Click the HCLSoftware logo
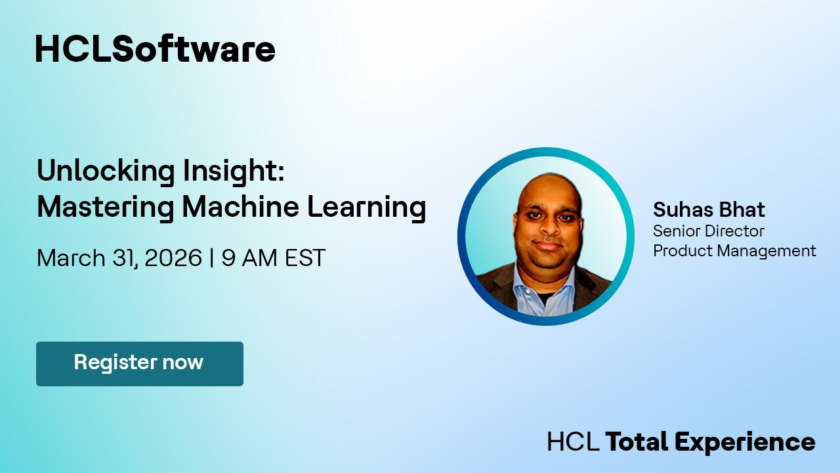point(156,49)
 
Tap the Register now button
point(140,364)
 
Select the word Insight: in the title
point(234,171)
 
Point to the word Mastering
point(106,208)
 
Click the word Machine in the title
point(241,206)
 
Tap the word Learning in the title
point(367,208)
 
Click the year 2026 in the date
point(173,258)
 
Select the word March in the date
point(71,258)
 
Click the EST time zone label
point(305,258)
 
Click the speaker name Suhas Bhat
point(709,210)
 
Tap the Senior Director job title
point(708,231)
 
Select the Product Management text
point(734,251)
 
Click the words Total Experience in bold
point(710,441)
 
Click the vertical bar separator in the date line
point(212,258)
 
